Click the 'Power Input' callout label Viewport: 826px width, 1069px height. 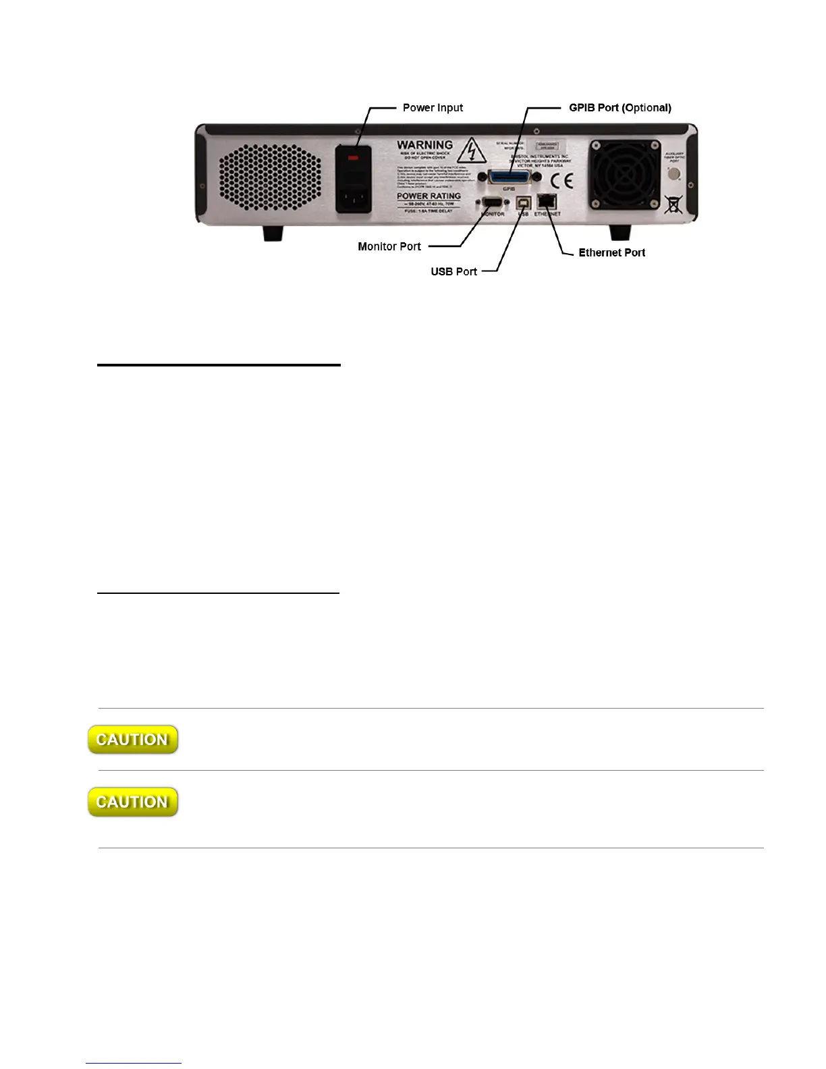tap(433, 108)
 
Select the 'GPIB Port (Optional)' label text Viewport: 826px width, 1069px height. tap(619, 108)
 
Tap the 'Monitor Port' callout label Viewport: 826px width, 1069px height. tap(389, 246)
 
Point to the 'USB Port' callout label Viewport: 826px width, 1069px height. tap(453, 271)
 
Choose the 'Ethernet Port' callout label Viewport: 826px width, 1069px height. tap(611, 252)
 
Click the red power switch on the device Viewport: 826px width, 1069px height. tap(354, 157)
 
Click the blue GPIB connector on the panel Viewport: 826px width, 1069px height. tap(509, 176)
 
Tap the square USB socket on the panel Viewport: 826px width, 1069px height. tap(523, 203)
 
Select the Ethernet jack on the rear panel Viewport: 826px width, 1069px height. tap(547, 202)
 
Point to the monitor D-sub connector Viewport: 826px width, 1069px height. tap(493, 203)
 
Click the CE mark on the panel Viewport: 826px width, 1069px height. tap(561, 181)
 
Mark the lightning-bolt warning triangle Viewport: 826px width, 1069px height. tap(472, 151)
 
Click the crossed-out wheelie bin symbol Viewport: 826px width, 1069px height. tap(673, 204)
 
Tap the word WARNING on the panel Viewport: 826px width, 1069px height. tap(424, 145)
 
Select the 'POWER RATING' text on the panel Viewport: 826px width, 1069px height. tap(429, 196)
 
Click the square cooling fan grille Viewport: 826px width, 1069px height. tap(624, 174)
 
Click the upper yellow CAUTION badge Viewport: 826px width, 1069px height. tap(133, 740)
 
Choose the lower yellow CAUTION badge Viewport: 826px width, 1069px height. tap(133, 802)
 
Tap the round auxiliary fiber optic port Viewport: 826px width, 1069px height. tap(673, 174)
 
